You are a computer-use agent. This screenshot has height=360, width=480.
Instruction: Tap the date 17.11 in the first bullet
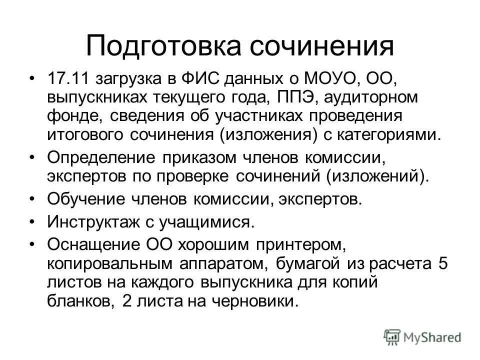pos(66,78)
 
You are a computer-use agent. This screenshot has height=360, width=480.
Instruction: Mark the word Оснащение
pos(92,244)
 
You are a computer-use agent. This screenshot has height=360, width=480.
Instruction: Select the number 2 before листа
pos(126,301)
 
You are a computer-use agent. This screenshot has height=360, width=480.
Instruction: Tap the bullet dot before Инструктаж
pos(33,221)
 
